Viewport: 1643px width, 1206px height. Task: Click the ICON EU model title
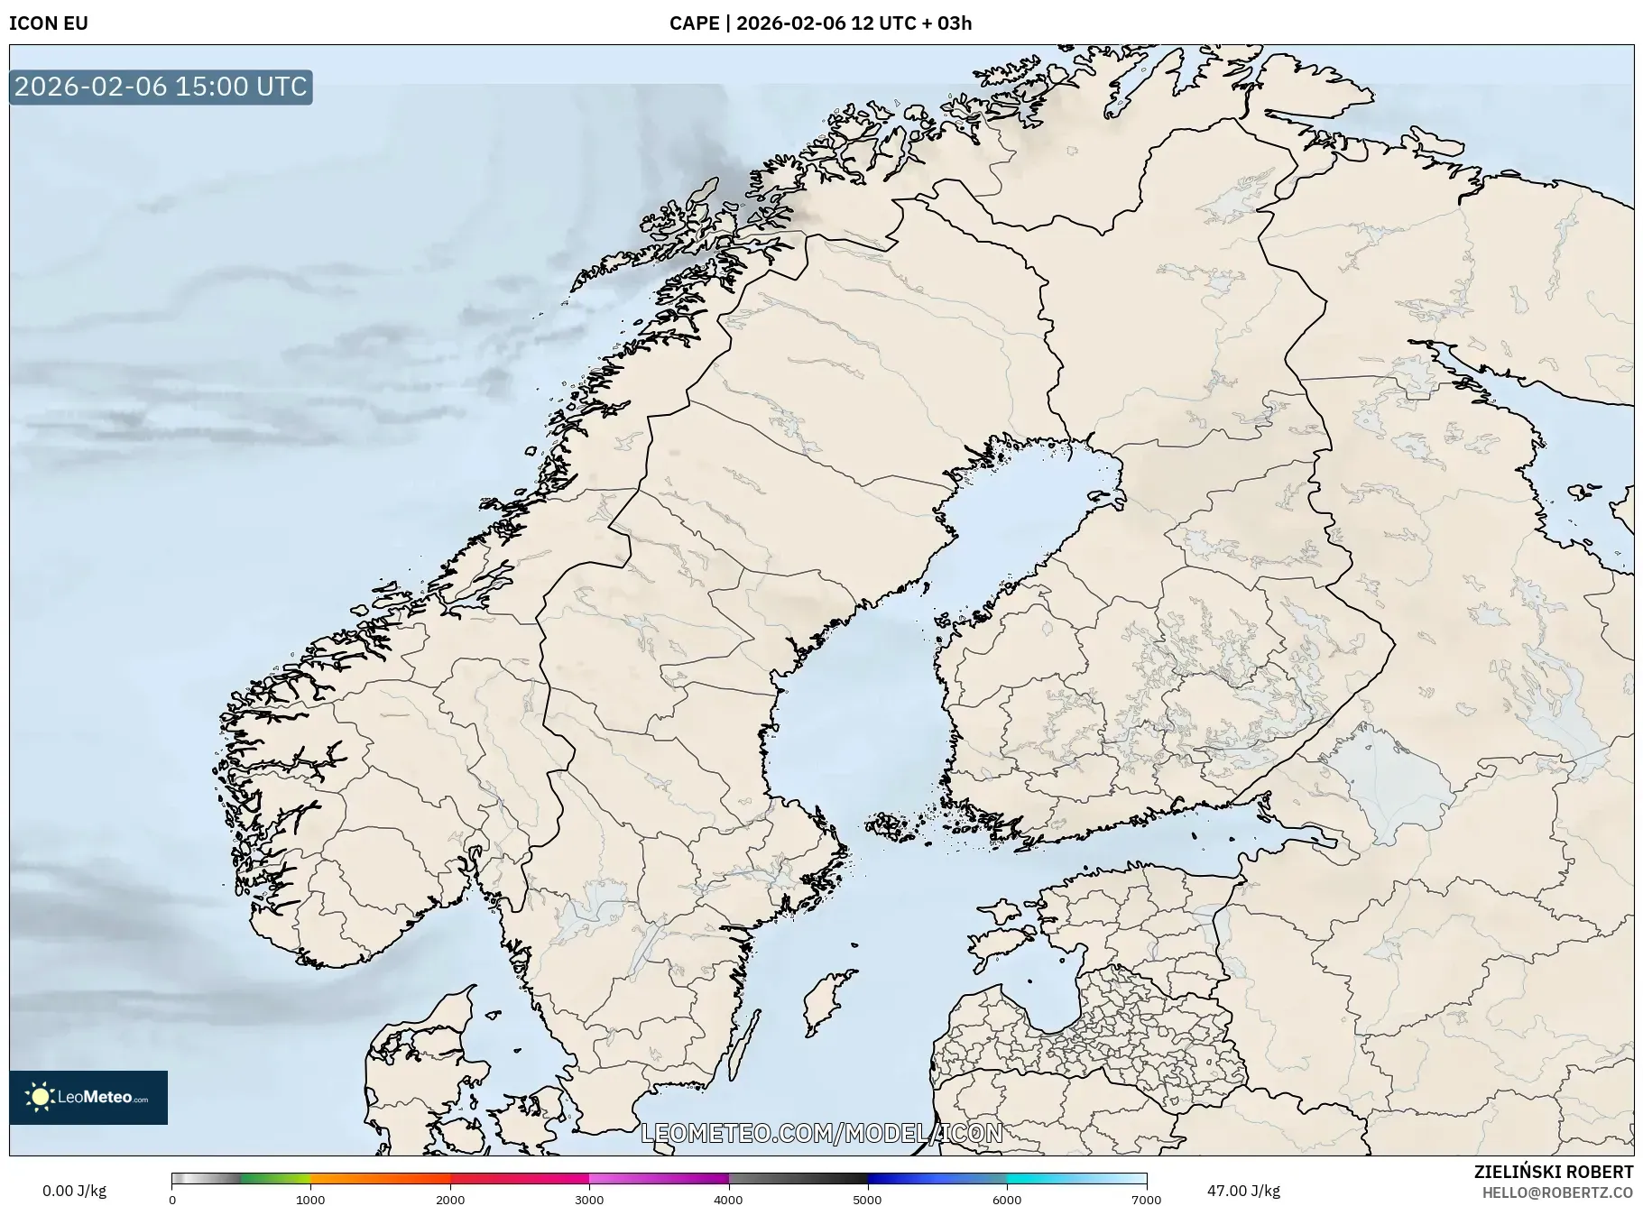tap(49, 23)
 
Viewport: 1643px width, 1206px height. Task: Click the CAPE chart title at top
tap(820, 23)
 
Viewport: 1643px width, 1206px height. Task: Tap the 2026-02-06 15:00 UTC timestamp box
tap(161, 87)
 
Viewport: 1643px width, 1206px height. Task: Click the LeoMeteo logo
tap(88, 1097)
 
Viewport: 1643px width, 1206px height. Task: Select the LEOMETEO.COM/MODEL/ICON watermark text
tap(821, 1133)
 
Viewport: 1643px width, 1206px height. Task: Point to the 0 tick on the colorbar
tap(172, 1200)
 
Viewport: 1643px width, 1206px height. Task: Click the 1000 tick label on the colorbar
tap(310, 1200)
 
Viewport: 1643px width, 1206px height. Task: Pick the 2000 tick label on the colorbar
tap(450, 1200)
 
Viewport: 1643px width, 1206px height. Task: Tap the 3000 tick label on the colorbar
tap(589, 1200)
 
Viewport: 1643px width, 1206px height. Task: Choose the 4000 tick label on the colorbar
tap(728, 1200)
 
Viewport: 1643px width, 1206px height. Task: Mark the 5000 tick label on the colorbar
tap(868, 1200)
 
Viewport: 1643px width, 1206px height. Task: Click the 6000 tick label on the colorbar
tap(1007, 1200)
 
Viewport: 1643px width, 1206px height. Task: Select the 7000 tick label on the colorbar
tap(1146, 1200)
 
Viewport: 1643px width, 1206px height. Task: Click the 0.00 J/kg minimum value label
tap(74, 1191)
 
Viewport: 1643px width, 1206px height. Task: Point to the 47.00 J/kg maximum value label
tap(1243, 1191)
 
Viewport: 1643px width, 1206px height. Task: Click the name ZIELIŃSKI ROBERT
tap(1553, 1172)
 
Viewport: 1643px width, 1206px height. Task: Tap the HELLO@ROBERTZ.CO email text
tap(1557, 1192)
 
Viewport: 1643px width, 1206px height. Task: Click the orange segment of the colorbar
tap(379, 1178)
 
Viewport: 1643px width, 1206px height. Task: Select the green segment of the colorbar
tap(275, 1178)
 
